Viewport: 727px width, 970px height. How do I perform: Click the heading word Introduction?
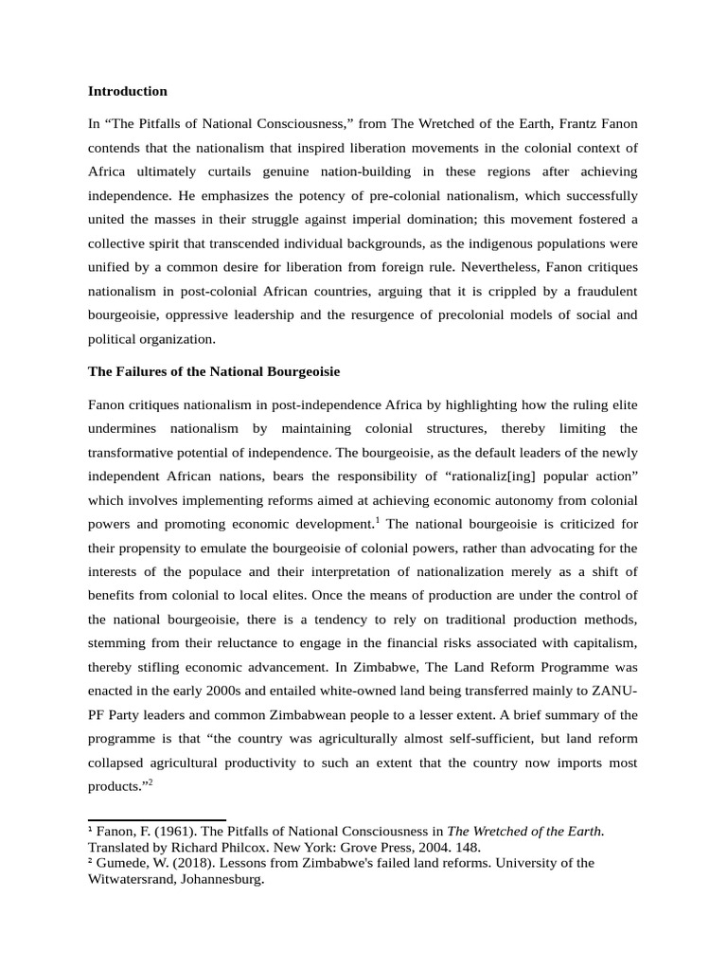click(x=127, y=91)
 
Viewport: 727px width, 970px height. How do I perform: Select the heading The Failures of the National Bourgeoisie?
click(x=213, y=370)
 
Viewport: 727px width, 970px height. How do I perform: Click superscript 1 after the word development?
click(x=378, y=519)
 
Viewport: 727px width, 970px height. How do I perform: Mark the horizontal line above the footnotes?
click(x=156, y=820)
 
